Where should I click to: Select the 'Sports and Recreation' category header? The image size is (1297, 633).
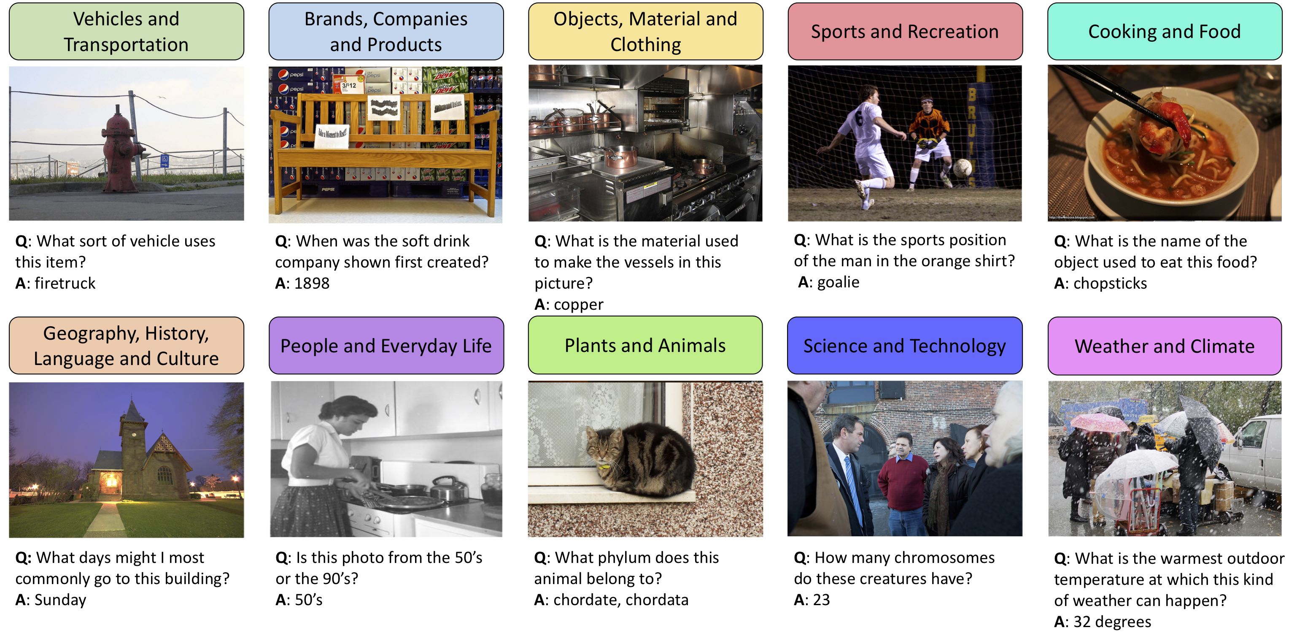[x=905, y=31]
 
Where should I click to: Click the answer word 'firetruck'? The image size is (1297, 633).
[x=65, y=283]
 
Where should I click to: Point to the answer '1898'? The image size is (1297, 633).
[x=312, y=283]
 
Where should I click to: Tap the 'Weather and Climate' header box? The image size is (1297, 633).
[x=1165, y=346]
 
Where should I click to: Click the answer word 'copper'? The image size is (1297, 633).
[x=579, y=305]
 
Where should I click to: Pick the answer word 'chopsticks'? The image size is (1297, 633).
[x=1110, y=283]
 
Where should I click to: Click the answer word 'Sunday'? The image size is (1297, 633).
[x=60, y=600]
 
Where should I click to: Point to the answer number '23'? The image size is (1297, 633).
[x=821, y=600]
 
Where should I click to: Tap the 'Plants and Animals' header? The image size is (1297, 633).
[x=645, y=346]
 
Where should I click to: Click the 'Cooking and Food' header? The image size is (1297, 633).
[x=1165, y=31]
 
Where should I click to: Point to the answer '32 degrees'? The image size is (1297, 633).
[x=1112, y=622]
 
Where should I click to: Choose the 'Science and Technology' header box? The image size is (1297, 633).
[x=905, y=346]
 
